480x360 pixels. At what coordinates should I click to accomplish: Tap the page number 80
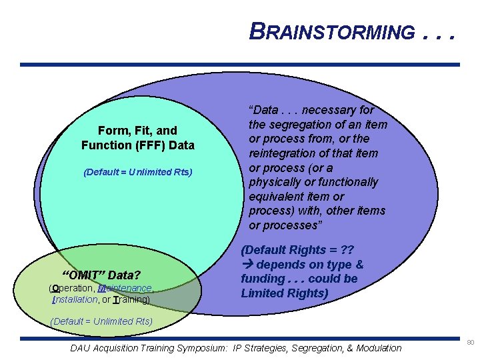[x=470, y=342]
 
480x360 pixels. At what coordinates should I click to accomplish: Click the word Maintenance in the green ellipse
[x=125, y=288]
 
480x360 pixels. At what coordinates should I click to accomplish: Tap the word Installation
[x=74, y=300]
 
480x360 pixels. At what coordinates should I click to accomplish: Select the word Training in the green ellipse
[x=131, y=300]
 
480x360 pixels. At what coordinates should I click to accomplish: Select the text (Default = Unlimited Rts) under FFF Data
[x=138, y=172]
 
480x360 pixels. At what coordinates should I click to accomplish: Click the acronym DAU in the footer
[x=81, y=347]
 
